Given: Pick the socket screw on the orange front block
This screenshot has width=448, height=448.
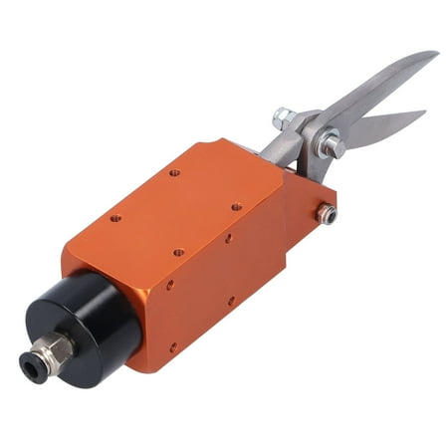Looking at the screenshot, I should pyautogui.click(x=325, y=212).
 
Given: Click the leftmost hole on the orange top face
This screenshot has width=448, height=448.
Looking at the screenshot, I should pyautogui.click(x=115, y=216).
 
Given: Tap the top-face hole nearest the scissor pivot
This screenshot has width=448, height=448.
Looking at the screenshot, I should pyautogui.click(x=236, y=207).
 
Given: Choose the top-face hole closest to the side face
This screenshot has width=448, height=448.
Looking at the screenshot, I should pyautogui.click(x=178, y=252).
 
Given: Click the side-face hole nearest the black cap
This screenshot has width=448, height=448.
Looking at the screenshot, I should pyautogui.click(x=169, y=285).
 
